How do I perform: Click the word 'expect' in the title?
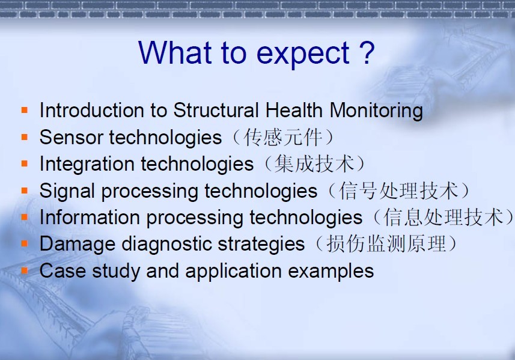coord(302,54)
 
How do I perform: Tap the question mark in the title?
coord(367,52)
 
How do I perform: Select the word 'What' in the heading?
coord(175,52)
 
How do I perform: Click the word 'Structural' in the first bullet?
coord(216,110)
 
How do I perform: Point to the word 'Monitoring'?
coord(376,111)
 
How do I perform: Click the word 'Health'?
coord(294,110)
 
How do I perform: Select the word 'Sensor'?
coord(72,137)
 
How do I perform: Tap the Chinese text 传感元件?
coord(282,137)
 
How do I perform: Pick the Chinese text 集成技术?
coord(314,163)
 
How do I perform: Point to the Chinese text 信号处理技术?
coord(398,191)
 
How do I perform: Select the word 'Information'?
coord(90,217)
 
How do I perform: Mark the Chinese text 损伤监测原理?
coord(386,244)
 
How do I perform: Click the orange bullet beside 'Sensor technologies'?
coord(25,136)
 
